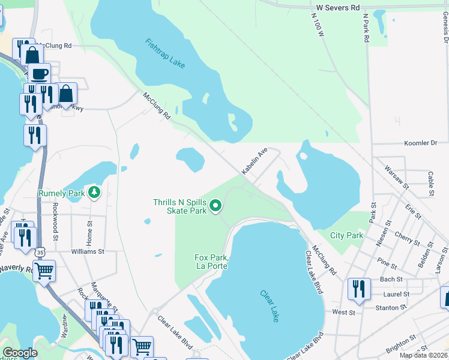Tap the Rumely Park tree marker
point(94,192)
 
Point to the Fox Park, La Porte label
point(212,262)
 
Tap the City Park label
point(346,236)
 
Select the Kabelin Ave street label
point(254,162)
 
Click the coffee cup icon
point(40,74)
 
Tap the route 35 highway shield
point(40,252)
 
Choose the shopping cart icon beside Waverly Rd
point(44,271)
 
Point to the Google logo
point(20,353)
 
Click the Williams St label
point(88,252)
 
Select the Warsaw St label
point(396,177)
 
